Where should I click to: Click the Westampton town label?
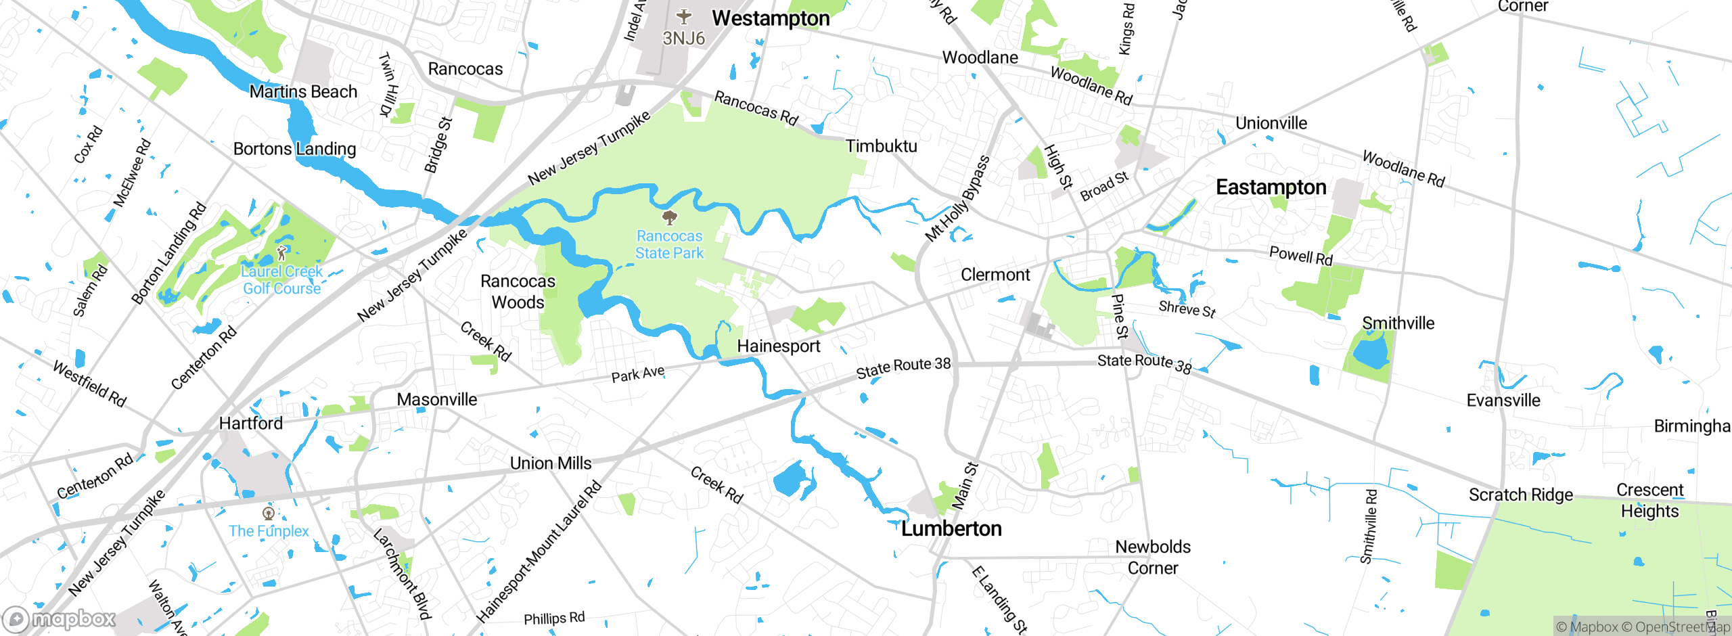[771, 18]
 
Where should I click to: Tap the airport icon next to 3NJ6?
[684, 16]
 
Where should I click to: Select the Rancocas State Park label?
[669, 244]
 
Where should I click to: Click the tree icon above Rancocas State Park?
[670, 217]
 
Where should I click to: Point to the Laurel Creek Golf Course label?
[281, 279]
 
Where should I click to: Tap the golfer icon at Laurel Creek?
[282, 253]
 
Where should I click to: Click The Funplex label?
[269, 531]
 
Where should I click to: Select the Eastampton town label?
[1271, 187]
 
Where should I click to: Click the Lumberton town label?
[951, 528]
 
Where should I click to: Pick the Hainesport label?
[778, 346]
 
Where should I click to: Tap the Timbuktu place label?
[881, 146]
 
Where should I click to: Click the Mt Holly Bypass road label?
[957, 199]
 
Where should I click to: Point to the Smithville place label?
[1398, 323]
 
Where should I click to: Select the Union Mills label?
[551, 463]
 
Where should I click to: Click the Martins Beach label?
[303, 91]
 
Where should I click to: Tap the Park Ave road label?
[637, 374]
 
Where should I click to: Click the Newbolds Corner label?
[1153, 557]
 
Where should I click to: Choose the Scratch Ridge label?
[1520, 495]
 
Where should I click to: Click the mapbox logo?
[60, 618]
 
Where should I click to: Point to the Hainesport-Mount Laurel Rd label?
[539, 551]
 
